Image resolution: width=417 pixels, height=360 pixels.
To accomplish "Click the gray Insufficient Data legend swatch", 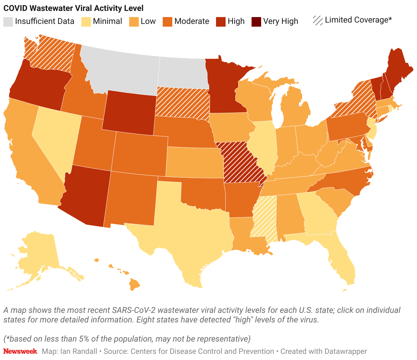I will [8, 22].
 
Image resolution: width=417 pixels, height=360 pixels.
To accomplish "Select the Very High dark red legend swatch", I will [256, 22].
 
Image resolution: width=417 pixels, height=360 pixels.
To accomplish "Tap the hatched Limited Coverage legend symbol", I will [318, 20].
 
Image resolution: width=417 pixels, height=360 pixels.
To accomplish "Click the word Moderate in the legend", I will [191, 21].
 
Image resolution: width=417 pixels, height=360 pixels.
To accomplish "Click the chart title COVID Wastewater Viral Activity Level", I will [73, 8].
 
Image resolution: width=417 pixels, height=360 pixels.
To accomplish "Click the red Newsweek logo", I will [20, 351].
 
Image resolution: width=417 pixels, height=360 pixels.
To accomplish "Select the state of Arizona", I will [85, 195].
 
